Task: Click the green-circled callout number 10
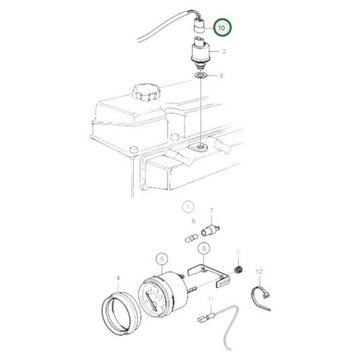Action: point(222,28)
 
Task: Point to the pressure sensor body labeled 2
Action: point(199,53)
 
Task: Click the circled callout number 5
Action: point(161,258)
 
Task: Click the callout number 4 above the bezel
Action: point(119,278)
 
